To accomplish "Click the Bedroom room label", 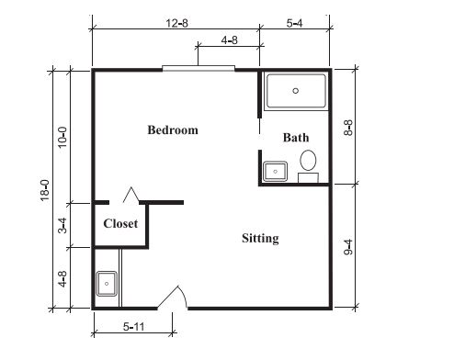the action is [173, 130].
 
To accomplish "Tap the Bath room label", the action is [296, 138].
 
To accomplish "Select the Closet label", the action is [120, 223].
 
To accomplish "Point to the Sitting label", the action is [260, 238].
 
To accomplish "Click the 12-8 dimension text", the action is [176, 23].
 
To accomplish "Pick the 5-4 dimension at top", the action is [294, 23].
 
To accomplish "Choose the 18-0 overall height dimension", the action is [45, 190].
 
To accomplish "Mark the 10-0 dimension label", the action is [62, 138].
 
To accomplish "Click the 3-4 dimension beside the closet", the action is [62, 225].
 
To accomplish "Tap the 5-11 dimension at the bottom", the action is [133, 327].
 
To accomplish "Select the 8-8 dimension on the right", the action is [348, 128].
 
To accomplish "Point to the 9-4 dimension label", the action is [348, 247].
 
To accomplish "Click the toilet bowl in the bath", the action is [308, 160].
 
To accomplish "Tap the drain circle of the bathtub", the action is [296, 91].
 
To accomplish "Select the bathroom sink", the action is [275, 172].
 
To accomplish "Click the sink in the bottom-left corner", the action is [107, 284].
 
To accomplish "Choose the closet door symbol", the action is [131, 195].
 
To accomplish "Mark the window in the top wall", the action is [199, 69].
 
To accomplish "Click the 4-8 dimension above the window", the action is [230, 40].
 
